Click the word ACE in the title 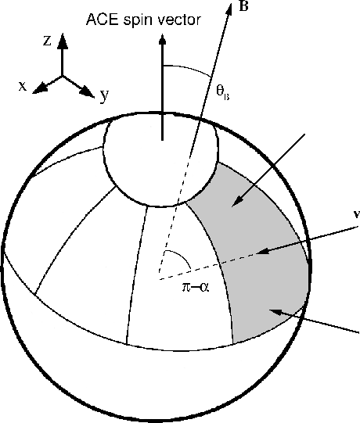(102, 20)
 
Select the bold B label (243, 6)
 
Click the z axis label (47, 41)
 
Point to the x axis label (23, 86)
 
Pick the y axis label (104, 95)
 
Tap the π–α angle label (196, 288)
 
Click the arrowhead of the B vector (229, 9)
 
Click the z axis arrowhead (63, 41)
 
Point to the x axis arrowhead (39, 88)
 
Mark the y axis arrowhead (88, 92)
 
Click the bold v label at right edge (357, 215)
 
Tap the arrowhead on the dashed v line (263, 251)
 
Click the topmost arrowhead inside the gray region (237, 201)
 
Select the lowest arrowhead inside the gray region (276, 312)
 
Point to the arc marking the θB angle (189, 69)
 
